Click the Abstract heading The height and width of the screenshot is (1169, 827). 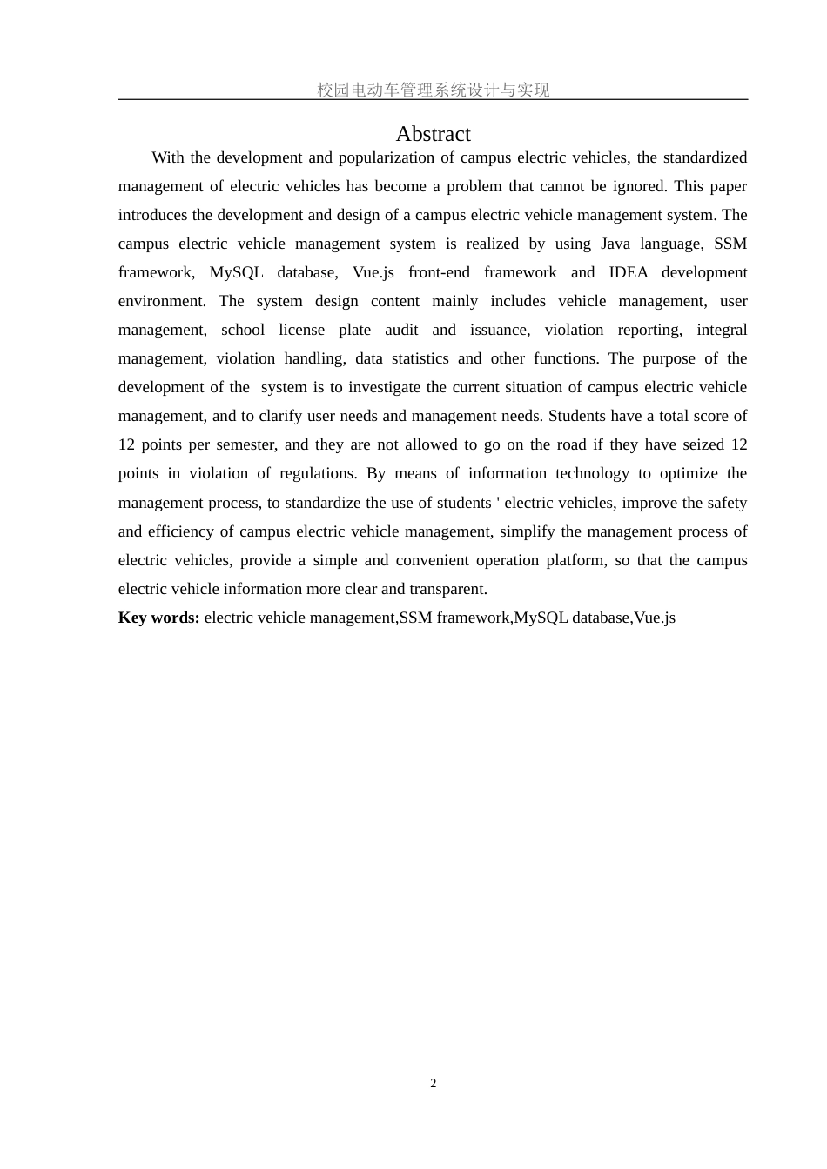pyautogui.click(x=433, y=134)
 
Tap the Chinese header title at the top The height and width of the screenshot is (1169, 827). pyautogui.click(x=433, y=90)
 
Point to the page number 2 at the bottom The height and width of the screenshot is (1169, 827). pyautogui.click(x=433, y=1083)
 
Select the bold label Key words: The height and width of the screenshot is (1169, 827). pyautogui.click(x=159, y=618)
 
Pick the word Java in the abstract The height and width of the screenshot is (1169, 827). pyautogui.click(x=615, y=244)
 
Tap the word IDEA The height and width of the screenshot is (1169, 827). pyautogui.click(x=629, y=272)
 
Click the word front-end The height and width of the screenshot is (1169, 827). pyautogui.click(x=439, y=272)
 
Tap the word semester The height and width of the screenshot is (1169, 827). pyautogui.click(x=246, y=444)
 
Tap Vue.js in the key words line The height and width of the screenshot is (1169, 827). pyautogui.click(x=655, y=618)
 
